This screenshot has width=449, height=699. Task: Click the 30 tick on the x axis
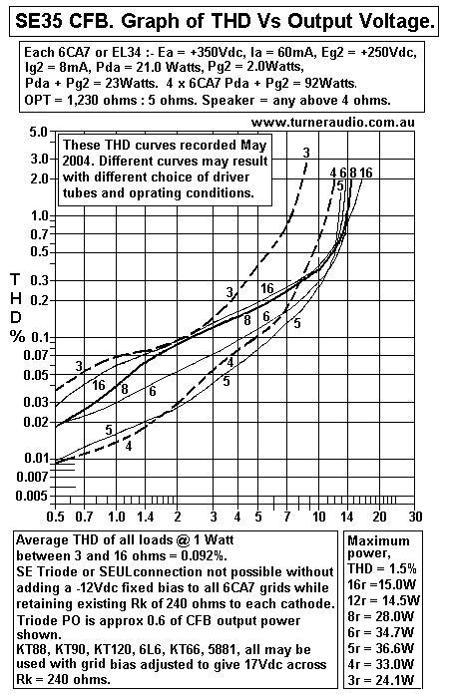tap(415, 518)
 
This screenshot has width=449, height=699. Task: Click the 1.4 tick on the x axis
tap(145, 518)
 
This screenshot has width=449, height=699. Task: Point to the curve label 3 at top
tap(305, 151)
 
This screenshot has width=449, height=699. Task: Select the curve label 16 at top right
tap(366, 174)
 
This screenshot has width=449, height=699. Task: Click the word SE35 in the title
tap(40, 20)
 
